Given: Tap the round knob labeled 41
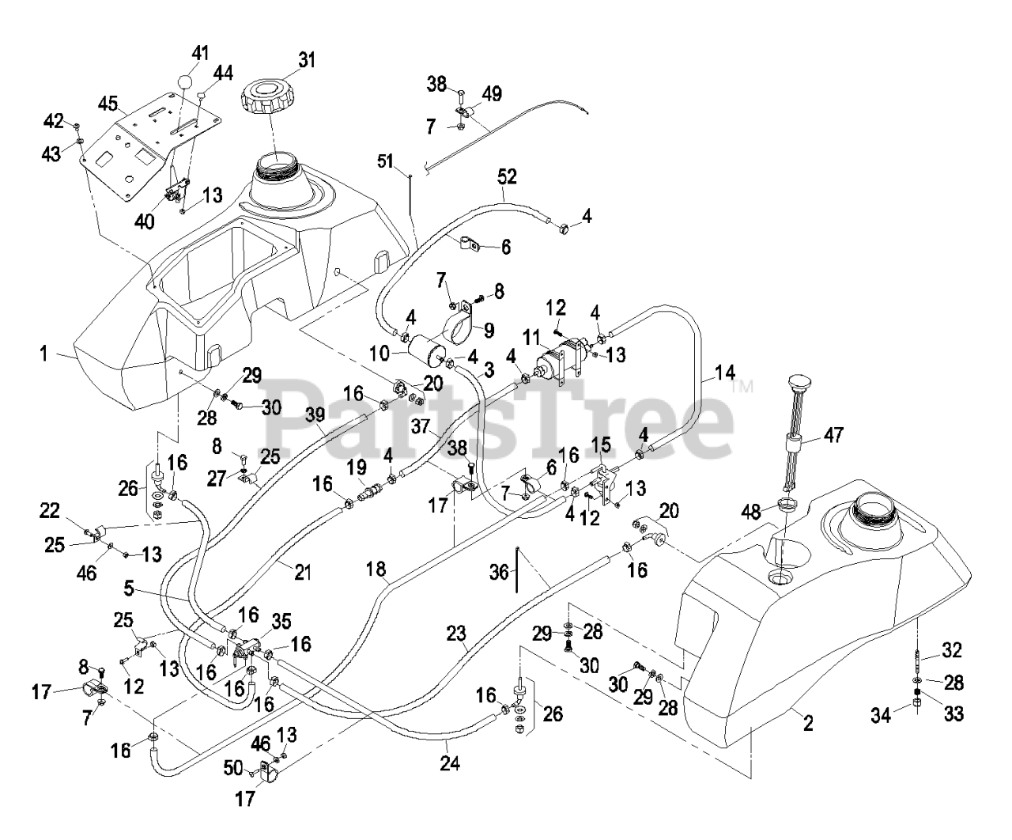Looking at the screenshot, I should (184, 83).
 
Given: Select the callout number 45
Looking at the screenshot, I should (108, 104).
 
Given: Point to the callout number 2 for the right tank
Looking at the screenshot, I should (807, 723).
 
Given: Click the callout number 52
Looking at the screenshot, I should (507, 177).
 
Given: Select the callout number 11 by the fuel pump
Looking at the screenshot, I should (530, 335).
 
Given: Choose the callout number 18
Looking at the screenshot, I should (376, 568).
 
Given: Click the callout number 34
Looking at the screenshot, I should (882, 715).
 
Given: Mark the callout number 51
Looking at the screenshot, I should (386, 161).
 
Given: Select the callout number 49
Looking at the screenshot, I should (491, 94).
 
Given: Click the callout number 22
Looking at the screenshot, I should (50, 513).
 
